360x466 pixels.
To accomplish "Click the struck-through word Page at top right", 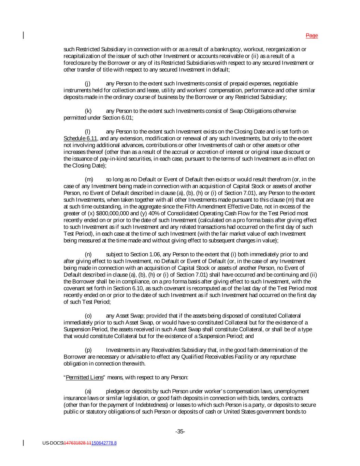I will pyautogui.click(x=312, y=36).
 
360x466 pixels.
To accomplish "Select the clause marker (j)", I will pyautogui.click(x=87, y=84).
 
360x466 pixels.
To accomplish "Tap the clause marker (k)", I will pyautogui.click(x=88, y=111).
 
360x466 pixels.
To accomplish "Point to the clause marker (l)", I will pyautogui.click(x=87, y=131).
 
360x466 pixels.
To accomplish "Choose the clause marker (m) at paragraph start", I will pyautogui.click(x=88, y=179).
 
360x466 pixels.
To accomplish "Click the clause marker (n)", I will pyautogui.click(x=88, y=254).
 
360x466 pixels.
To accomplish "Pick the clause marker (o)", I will pyautogui.click(x=88, y=316).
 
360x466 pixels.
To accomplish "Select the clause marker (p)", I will pyautogui.click(x=88, y=350).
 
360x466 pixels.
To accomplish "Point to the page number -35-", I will pyautogui.click(x=180, y=432).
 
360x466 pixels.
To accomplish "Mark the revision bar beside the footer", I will pyautogui.click(x=23, y=443).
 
